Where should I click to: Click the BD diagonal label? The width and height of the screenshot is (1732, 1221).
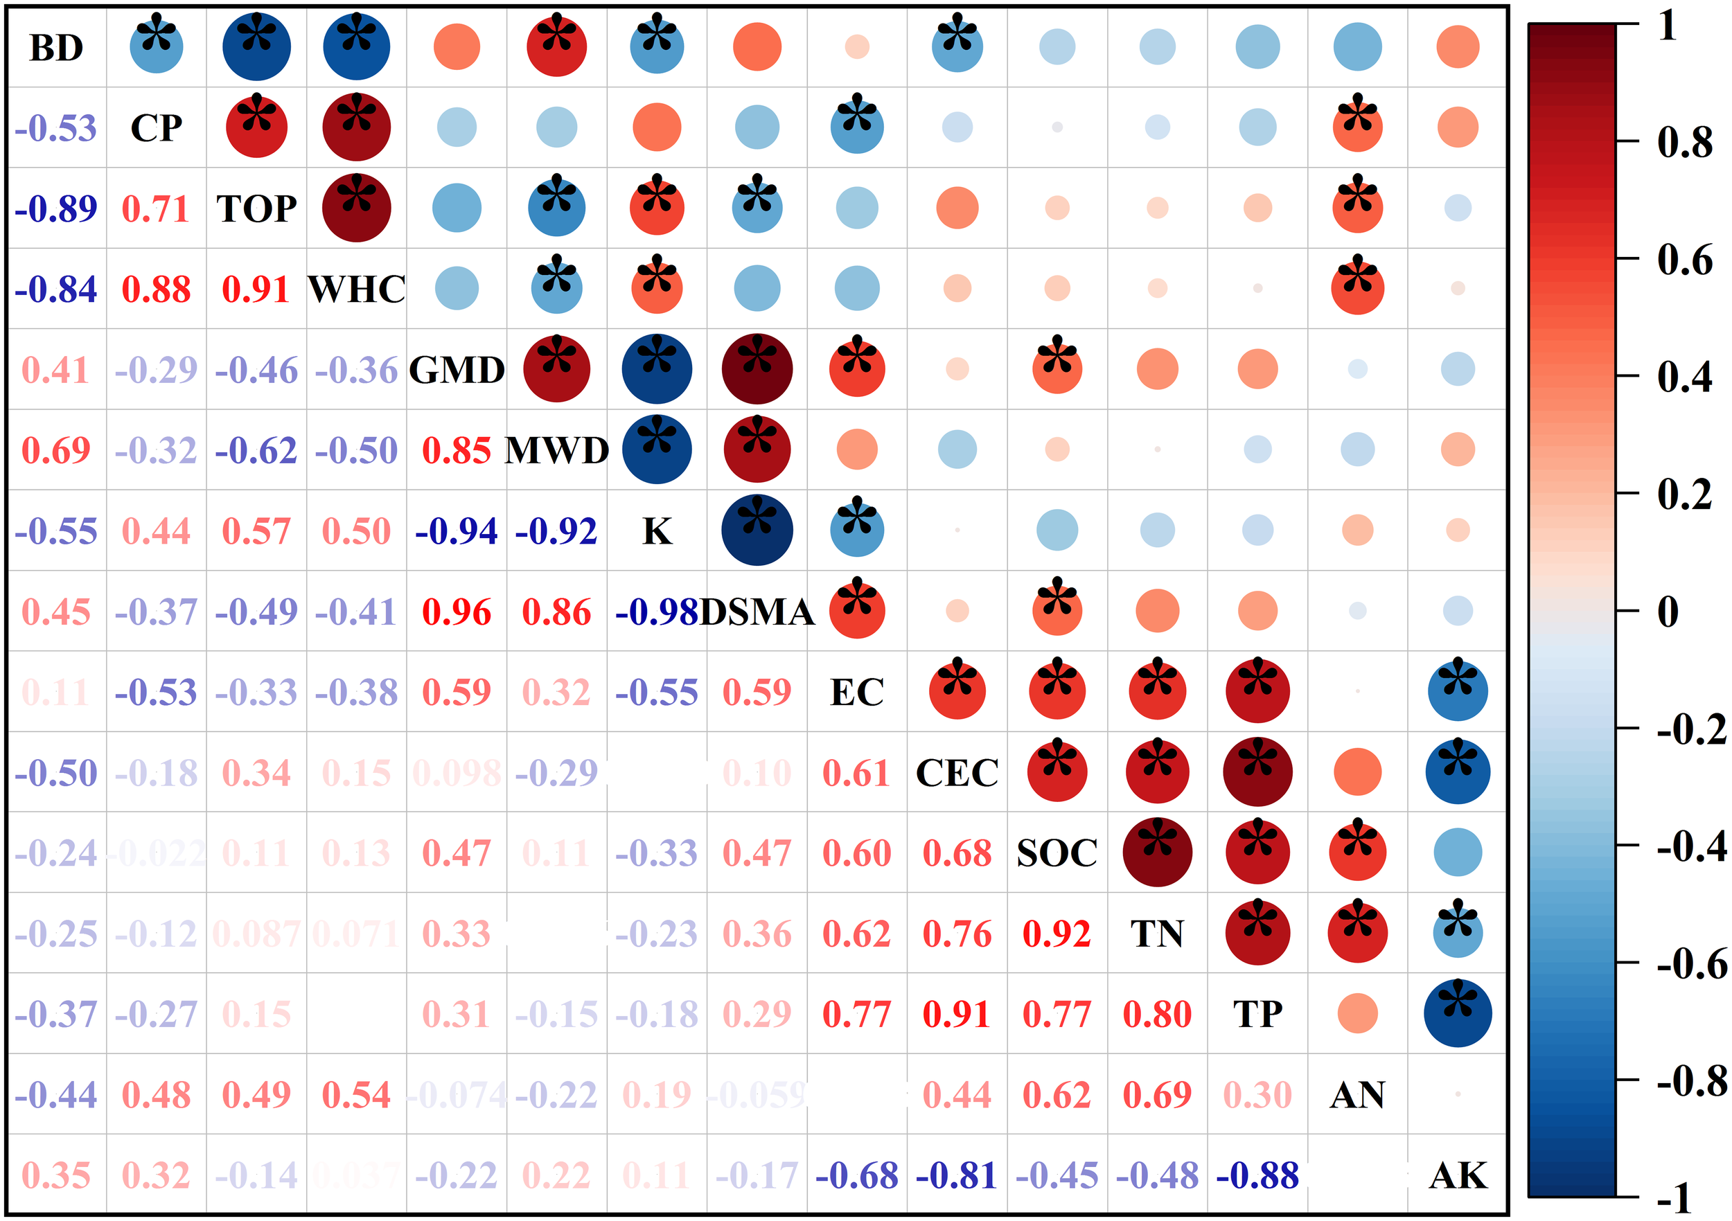pyautogui.click(x=56, y=48)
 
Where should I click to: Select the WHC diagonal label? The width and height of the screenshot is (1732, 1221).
pyautogui.click(x=356, y=289)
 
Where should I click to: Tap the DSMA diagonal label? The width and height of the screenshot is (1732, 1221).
pyautogui.click(x=757, y=612)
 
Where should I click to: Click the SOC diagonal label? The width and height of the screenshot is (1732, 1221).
pyautogui.click(x=1057, y=853)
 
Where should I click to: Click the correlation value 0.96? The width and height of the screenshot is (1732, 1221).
pyautogui.click(x=457, y=612)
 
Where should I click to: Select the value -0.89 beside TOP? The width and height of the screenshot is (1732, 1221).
pyautogui.click(x=56, y=209)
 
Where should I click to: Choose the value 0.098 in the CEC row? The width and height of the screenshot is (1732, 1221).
pyautogui.click(x=457, y=772)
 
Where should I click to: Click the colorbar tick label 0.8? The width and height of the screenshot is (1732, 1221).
pyautogui.click(x=1684, y=142)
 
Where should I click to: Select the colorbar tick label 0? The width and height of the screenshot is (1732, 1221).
pyautogui.click(x=1668, y=611)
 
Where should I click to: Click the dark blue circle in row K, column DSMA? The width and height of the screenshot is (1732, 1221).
pyautogui.click(x=757, y=531)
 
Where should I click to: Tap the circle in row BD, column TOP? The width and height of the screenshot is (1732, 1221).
pyautogui.click(x=256, y=47)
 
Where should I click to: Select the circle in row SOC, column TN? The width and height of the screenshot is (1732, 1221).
pyautogui.click(x=1157, y=853)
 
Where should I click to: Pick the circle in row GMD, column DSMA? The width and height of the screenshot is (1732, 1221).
pyautogui.click(x=757, y=368)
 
